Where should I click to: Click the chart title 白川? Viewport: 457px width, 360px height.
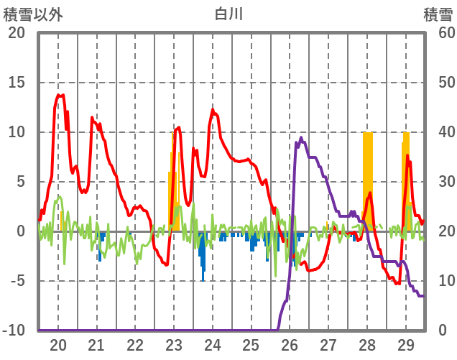point(229,13)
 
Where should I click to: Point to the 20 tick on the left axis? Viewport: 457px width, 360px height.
point(17,33)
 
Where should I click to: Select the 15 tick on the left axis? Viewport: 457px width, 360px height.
point(17,83)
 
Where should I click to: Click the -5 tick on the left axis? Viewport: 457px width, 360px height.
point(17,281)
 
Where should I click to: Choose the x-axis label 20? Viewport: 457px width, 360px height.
point(58,345)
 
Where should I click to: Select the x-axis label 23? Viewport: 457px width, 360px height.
point(174,345)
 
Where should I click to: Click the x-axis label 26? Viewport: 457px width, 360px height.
point(290,345)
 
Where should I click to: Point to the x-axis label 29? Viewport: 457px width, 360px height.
point(405,345)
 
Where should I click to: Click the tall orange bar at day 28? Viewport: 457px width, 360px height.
point(368,180)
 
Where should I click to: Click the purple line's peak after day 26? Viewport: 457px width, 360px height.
point(301,138)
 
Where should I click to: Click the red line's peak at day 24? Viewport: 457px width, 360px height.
point(213,109)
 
